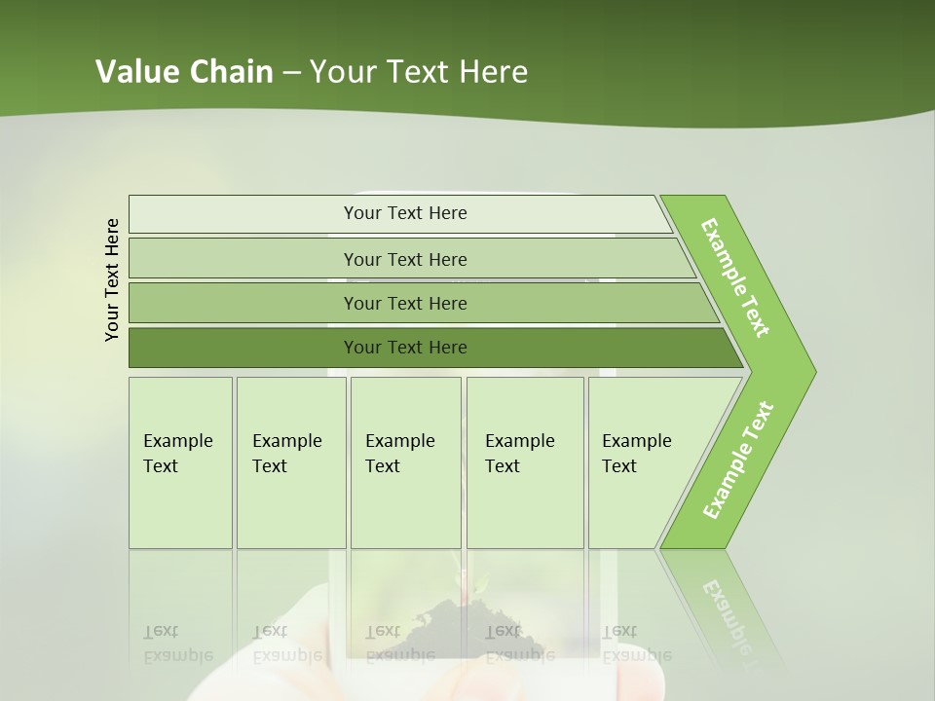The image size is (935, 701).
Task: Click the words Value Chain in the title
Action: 184,72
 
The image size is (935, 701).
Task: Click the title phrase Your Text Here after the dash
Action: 419,72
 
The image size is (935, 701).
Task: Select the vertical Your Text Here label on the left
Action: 112,279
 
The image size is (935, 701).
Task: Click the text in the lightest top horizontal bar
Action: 405,213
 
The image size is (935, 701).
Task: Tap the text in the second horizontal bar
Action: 405,259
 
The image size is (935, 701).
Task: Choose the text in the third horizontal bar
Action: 405,304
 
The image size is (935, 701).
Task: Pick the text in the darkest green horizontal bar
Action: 405,348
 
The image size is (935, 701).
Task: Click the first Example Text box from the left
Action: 179,454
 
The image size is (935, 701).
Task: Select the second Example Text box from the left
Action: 289,454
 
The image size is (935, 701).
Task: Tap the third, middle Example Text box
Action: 403,454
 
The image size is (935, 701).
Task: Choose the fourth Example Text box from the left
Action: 523,454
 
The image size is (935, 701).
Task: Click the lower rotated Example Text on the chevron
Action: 738,461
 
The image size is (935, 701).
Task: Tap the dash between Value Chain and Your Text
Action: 291,73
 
